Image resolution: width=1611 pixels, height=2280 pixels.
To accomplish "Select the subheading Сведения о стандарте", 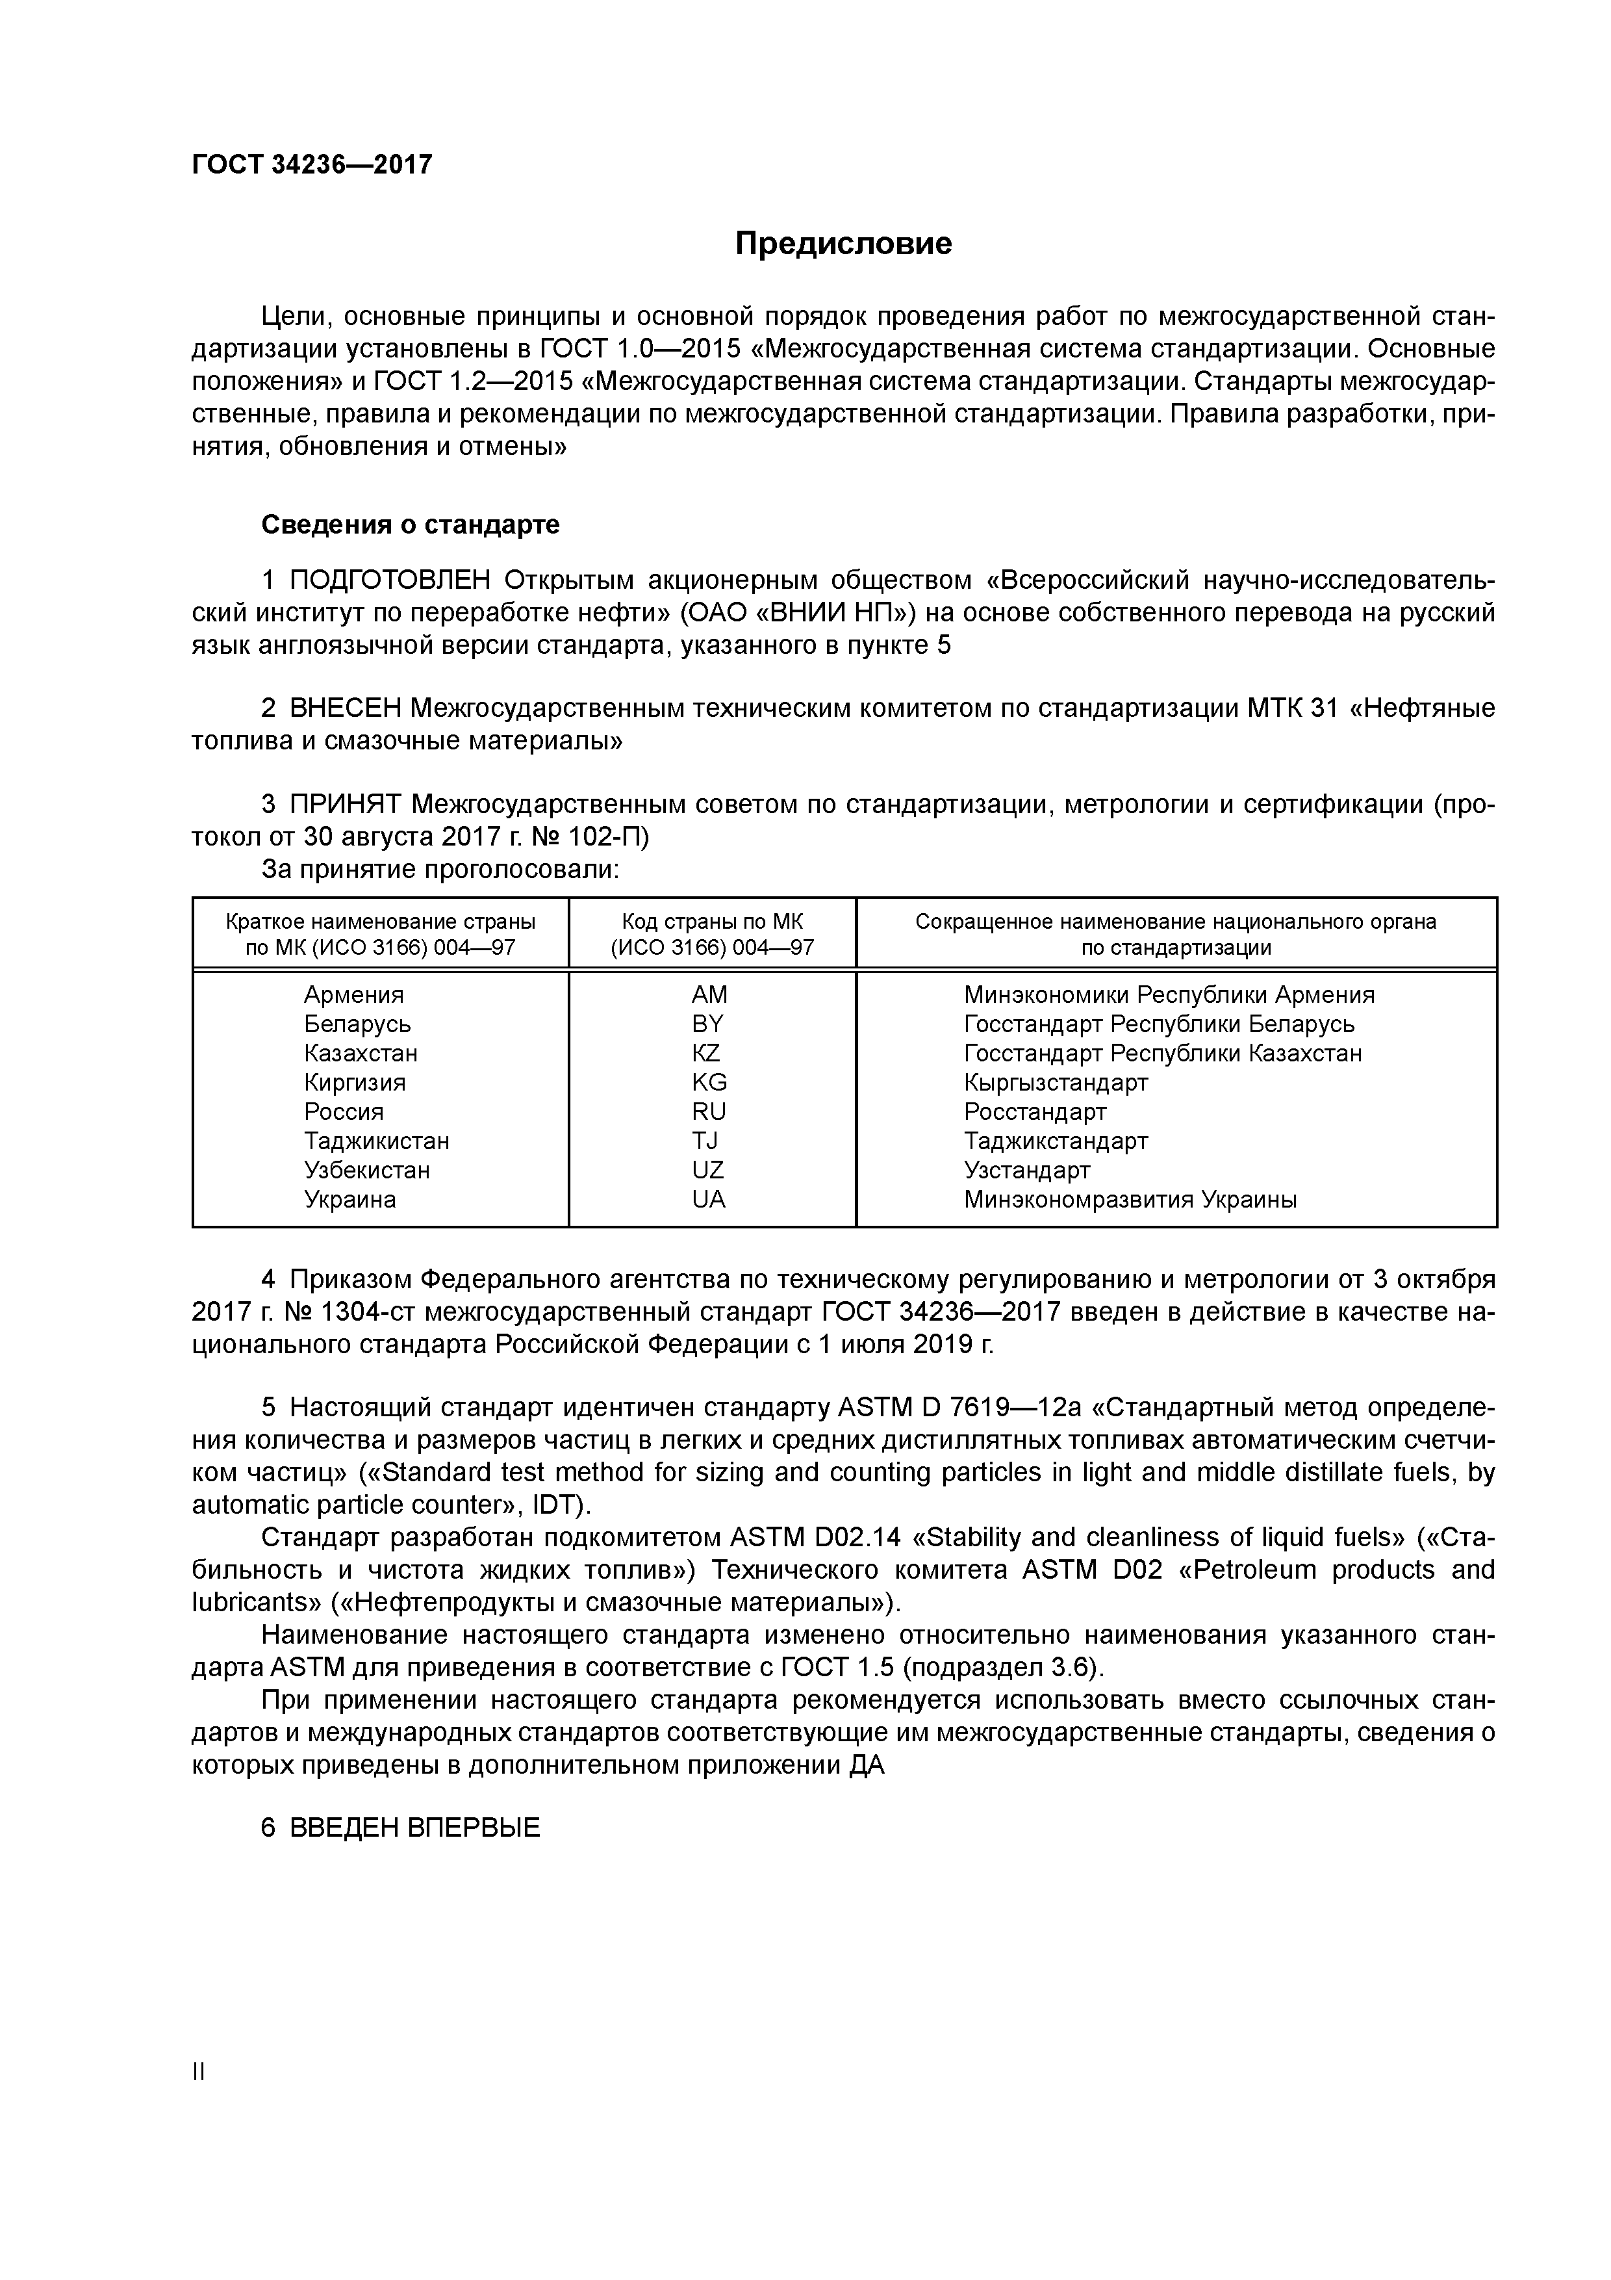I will click(410, 525).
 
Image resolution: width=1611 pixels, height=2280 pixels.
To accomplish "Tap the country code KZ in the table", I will click(707, 1053).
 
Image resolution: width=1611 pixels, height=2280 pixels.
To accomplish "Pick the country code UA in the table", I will click(709, 1200).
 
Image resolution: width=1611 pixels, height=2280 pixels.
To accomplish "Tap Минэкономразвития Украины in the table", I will click(1130, 1200).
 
